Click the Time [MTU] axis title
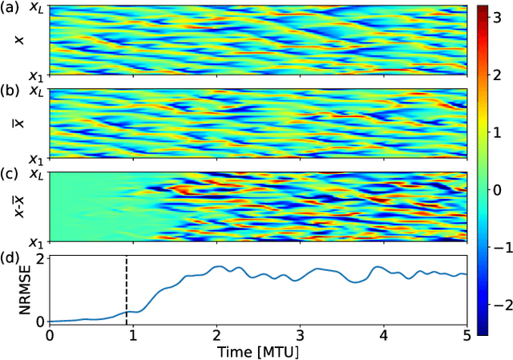point(258,352)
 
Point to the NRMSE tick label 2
point(37,258)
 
